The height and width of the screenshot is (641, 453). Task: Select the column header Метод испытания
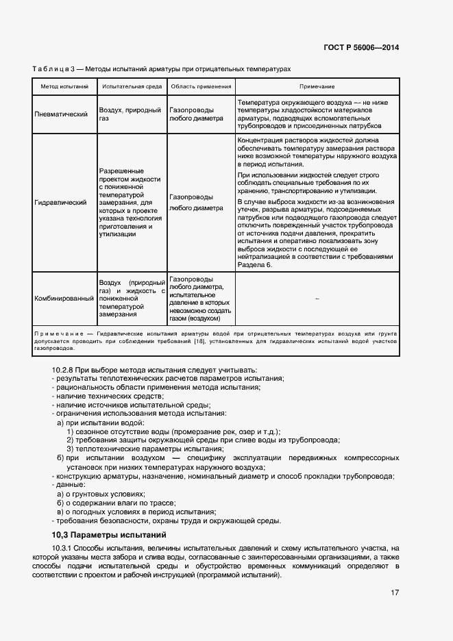pyautogui.click(x=64, y=87)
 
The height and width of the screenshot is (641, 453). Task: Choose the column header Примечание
pyautogui.click(x=317, y=87)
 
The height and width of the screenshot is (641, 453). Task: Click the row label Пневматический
pyautogui.click(x=61, y=114)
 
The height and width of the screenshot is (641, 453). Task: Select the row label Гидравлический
pyautogui.click(x=60, y=203)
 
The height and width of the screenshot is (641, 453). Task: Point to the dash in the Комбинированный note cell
pyautogui.click(x=317, y=299)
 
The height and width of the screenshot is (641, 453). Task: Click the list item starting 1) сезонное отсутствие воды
pyautogui.click(x=173, y=431)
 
